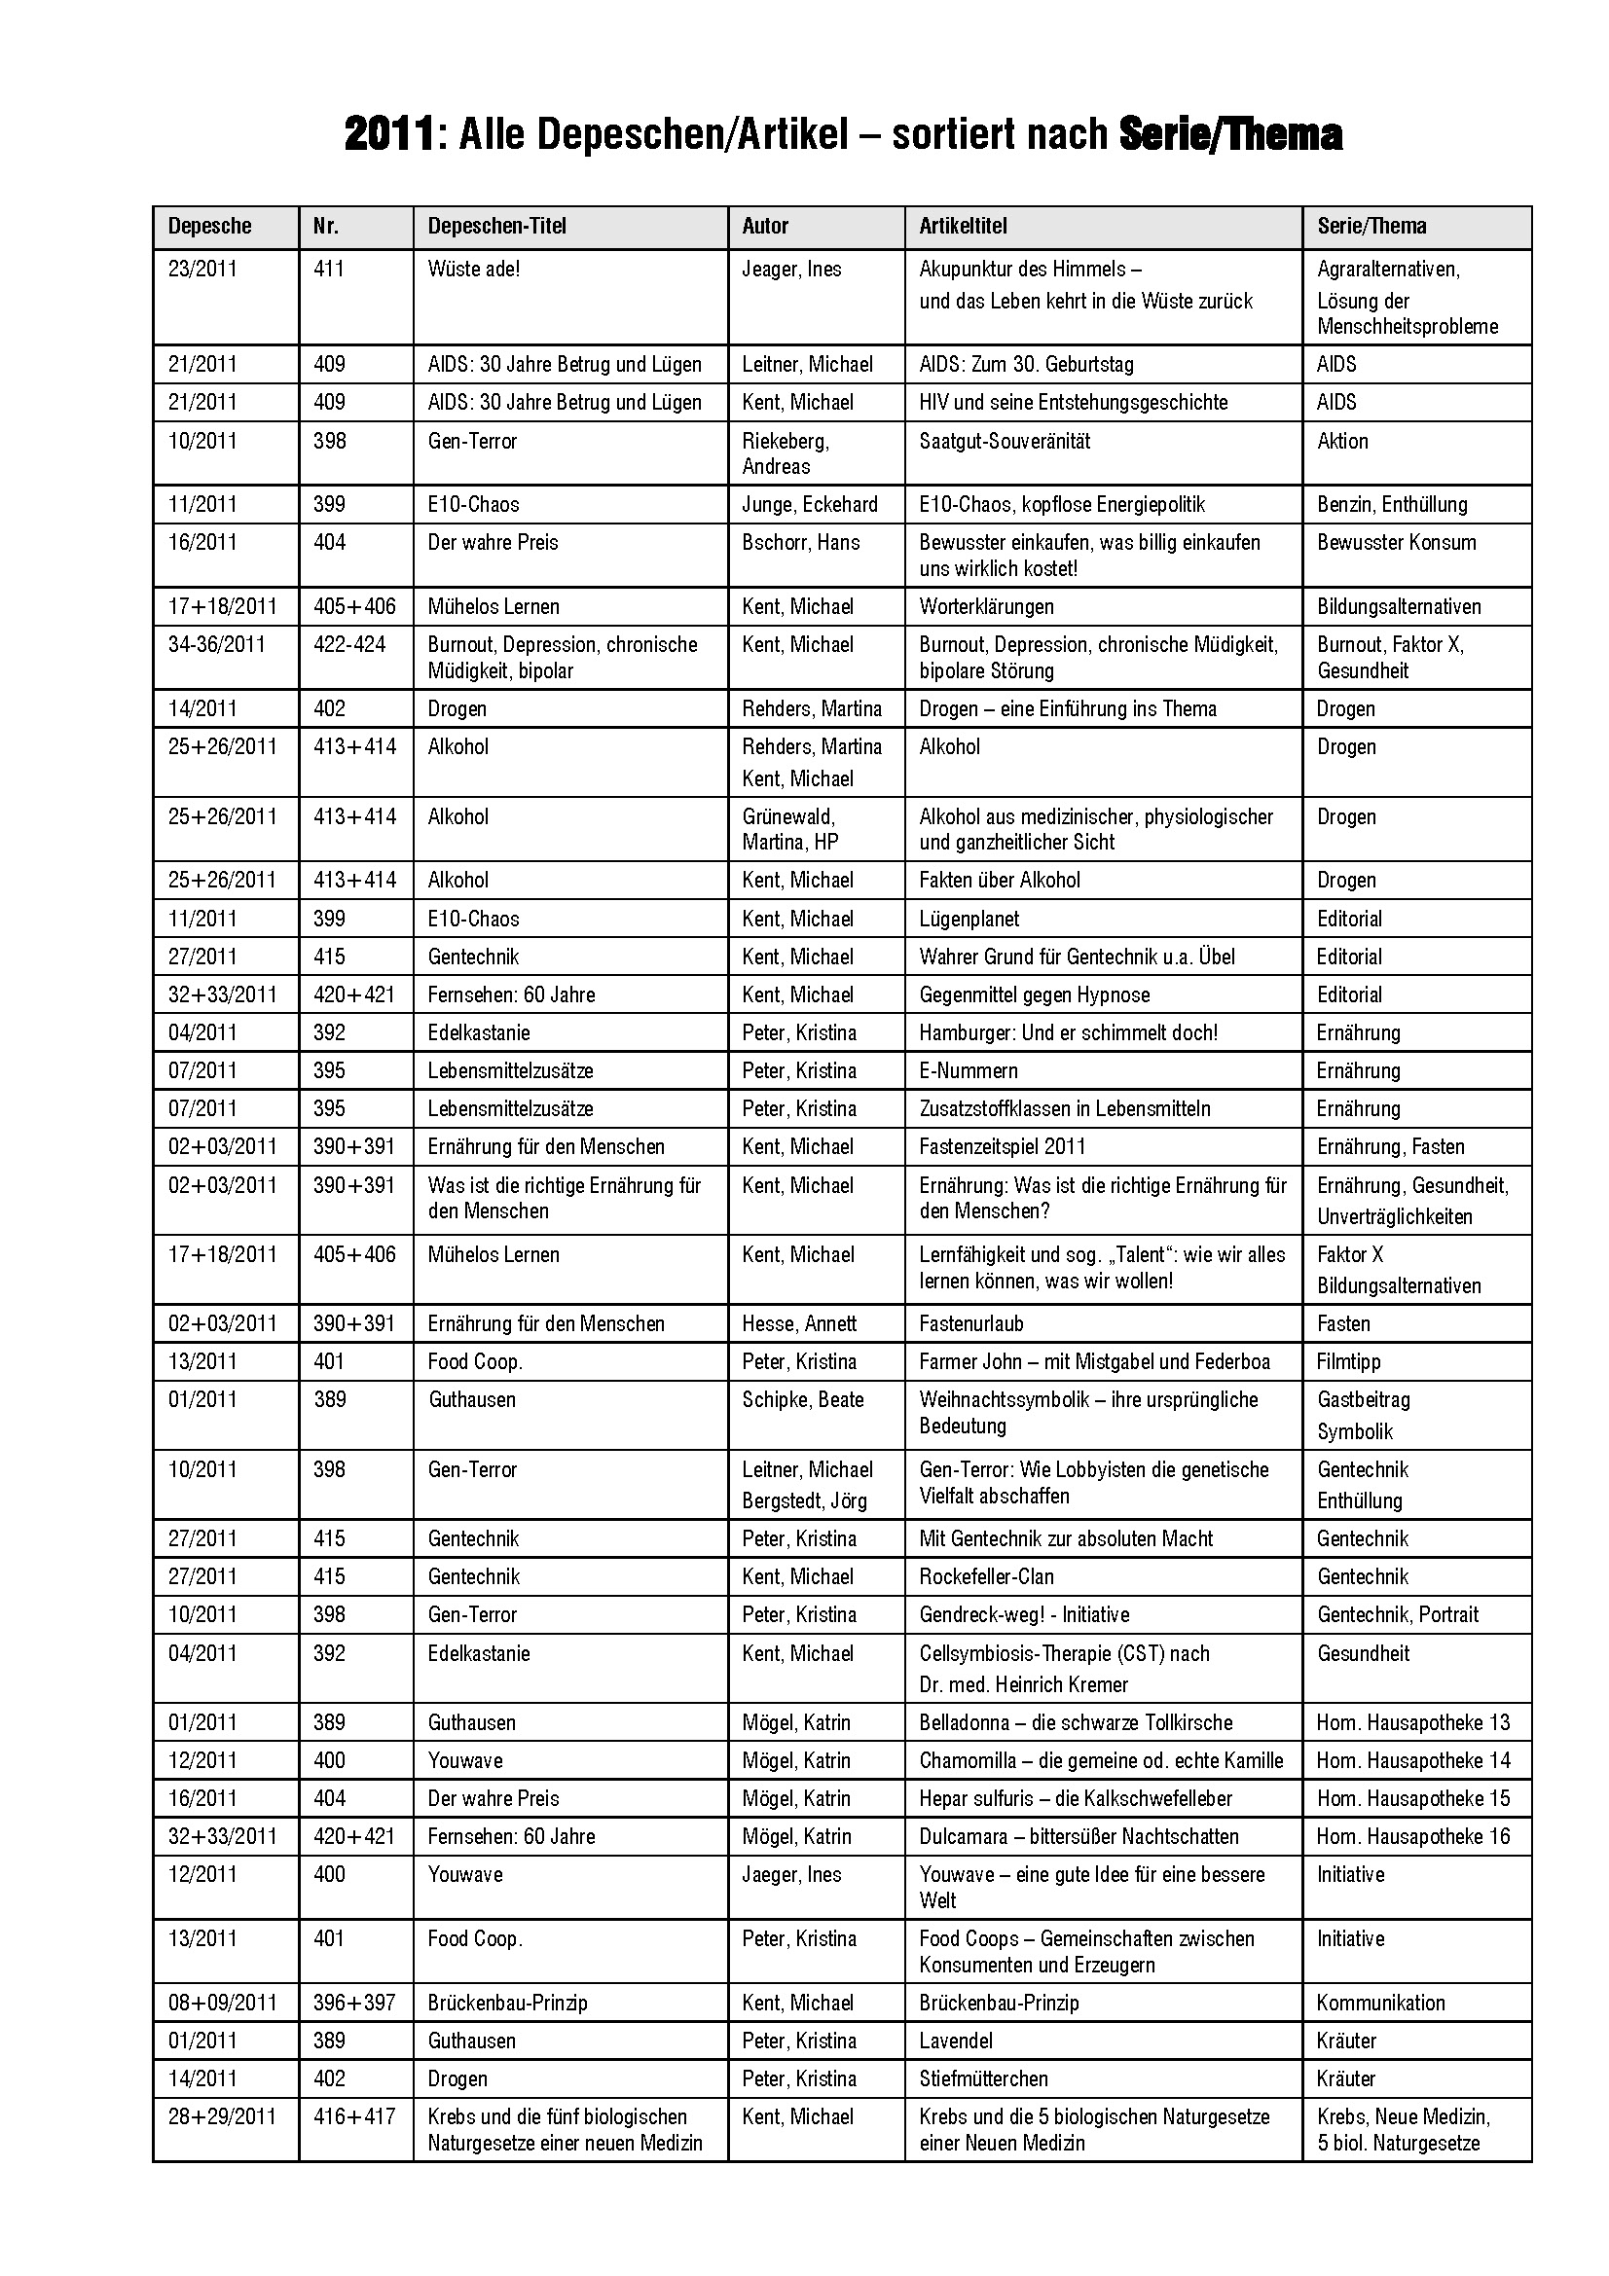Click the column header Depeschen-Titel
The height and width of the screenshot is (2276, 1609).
[x=496, y=226]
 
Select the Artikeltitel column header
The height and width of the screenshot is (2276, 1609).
[x=963, y=226]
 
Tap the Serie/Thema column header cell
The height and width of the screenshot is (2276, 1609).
[x=1371, y=226]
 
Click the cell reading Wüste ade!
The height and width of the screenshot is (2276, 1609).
[x=473, y=269]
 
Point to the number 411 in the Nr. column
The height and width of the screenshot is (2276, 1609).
[x=328, y=269]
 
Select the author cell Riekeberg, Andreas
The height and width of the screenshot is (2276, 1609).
[x=786, y=453]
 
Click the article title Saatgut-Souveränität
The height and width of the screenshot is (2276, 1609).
[x=1005, y=441]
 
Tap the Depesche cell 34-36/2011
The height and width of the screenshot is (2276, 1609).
[x=216, y=644]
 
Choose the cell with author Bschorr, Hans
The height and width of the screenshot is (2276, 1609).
[x=800, y=542]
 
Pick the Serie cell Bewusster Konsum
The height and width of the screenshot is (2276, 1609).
[x=1396, y=542]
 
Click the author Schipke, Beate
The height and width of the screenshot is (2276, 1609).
[x=802, y=1399]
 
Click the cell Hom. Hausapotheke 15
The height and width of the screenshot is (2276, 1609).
[x=1412, y=1798]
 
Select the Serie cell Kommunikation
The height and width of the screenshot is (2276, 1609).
[x=1380, y=2003]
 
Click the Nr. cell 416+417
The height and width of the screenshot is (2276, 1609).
[x=354, y=2116]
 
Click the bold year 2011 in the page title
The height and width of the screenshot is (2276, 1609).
[x=388, y=135]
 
